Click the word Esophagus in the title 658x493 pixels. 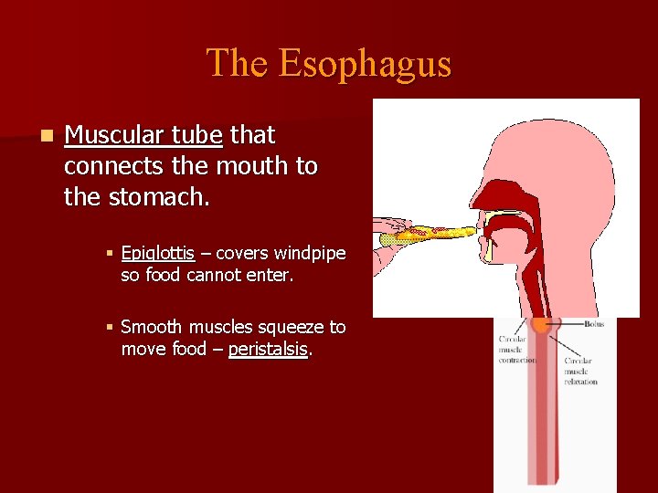[365, 64]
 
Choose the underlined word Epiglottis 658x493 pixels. [157, 253]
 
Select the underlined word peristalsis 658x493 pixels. [268, 349]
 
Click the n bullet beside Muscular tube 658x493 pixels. [46, 136]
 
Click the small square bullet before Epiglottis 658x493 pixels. [108, 253]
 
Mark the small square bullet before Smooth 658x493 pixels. [108, 327]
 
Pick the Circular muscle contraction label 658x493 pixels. [517, 350]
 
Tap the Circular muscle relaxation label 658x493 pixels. [580, 371]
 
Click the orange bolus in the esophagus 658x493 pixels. [542, 324]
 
